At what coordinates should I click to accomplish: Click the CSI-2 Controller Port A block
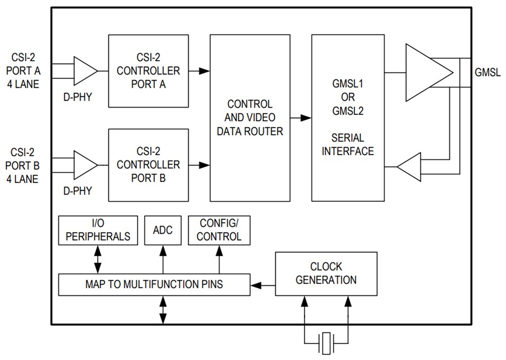(x=148, y=71)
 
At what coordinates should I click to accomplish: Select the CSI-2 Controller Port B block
(x=148, y=165)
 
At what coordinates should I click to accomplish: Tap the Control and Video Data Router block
(x=250, y=118)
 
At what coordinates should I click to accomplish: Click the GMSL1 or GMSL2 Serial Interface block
(x=348, y=118)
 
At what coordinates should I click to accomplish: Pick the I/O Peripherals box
(x=98, y=230)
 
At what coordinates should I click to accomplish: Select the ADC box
(x=162, y=230)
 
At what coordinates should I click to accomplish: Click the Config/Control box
(x=219, y=230)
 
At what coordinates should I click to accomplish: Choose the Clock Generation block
(x=326, y=273)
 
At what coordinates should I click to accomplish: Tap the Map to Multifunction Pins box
(x=154, y=285)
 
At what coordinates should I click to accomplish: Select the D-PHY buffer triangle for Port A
(x=85, y=70)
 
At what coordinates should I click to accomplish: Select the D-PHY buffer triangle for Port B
(x=85, y=165)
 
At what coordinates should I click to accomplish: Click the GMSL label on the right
(x=487, y=73)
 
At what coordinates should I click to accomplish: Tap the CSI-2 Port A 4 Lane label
(x=22, y=71)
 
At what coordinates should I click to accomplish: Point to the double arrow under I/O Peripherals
(x=98, y=259)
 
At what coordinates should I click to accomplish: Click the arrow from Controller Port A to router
(x=199, y=71)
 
